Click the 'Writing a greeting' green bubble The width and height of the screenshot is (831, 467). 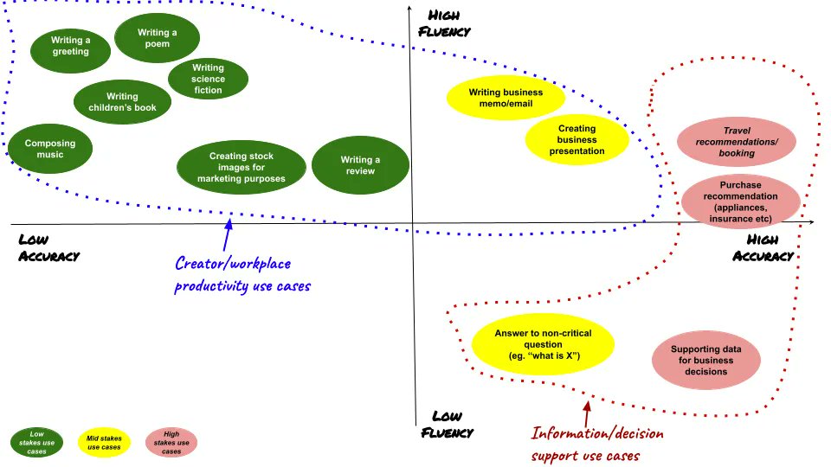pos(70,46)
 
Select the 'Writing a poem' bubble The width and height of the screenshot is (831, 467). pos(158,39)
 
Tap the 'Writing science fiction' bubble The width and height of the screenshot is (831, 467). pos(208,79)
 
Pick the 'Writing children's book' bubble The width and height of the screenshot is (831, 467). pos(122,102)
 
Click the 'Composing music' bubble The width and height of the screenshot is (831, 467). pos(49,149)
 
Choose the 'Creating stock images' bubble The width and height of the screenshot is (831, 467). pos(242,168)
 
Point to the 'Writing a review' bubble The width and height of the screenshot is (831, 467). pos(360,165)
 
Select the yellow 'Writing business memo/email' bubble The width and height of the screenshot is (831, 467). pos(506,98)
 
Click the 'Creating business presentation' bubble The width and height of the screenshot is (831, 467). pos(577,139)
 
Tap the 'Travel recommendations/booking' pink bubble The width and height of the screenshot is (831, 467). pos(738,142)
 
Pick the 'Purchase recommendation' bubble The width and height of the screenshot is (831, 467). pos(740,202)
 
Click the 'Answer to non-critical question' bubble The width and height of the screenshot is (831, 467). pos(543,344)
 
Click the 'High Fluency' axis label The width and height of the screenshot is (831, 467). pos(444,23)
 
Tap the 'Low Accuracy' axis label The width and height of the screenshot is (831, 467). pos(48,246)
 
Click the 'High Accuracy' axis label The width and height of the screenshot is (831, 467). pos(763,247)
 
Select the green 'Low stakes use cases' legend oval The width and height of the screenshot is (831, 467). pos(35,442)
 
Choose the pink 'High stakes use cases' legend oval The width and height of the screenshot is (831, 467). pos(171,442)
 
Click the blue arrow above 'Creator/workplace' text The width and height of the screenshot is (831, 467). pos(229,233)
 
